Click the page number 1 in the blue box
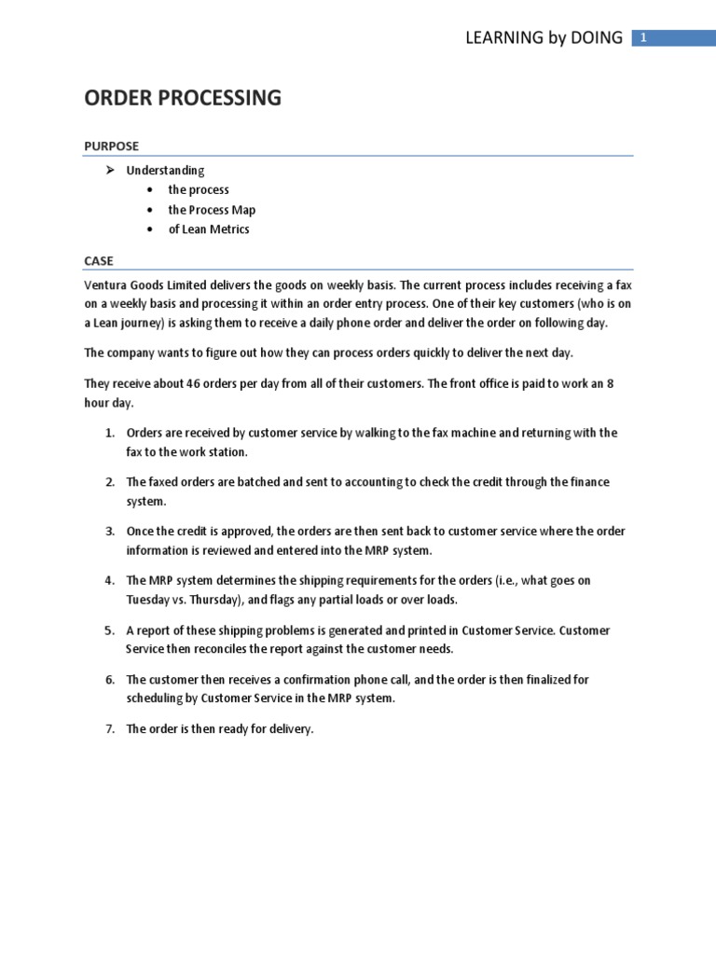click(x=643, y=37)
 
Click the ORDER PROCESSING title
click(x=183, y=98)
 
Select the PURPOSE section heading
click(x=111, y=145)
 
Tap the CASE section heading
click(x=99, y=260)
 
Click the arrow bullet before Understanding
click(x=109, y=170)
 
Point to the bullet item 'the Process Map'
click(x=212, y=210)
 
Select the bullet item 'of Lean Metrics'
click(x=209, y=229)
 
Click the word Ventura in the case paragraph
click(x=106, y=284)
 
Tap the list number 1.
click(x=108, y=434)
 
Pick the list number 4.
click(x=108, y=581)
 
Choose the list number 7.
click(x=108, y=729)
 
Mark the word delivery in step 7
click(x=288, y=729)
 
